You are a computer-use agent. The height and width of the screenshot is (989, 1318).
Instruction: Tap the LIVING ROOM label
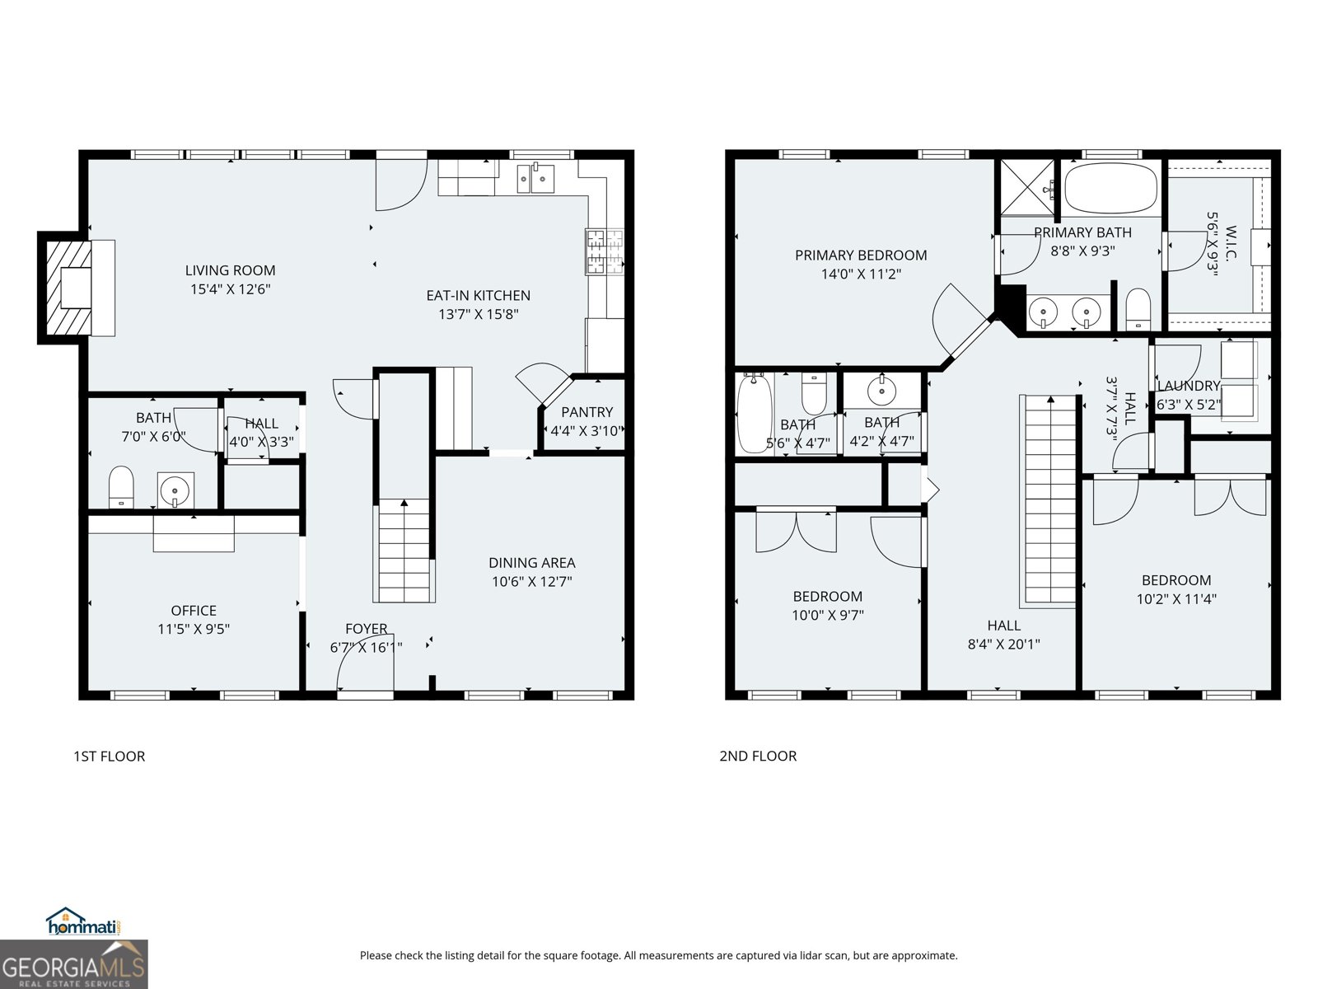pos(230,270)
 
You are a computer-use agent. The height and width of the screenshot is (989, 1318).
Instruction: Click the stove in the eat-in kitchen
pos(604,251)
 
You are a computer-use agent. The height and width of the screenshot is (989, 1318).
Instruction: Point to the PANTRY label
pos(587,412)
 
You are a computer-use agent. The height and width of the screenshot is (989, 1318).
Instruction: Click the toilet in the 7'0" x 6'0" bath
pos(121,487)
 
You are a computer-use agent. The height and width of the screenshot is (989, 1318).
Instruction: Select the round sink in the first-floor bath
pos(175,490)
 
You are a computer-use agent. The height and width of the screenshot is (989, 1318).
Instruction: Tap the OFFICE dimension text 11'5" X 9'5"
pos(194,629)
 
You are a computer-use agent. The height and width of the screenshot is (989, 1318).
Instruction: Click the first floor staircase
pos(404,551)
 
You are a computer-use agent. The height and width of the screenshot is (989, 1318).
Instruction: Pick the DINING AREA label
pos(531,563)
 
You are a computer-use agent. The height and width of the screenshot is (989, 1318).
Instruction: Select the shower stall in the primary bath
pos(1027,188)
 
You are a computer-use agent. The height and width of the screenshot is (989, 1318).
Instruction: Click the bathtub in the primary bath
pos(1110,189)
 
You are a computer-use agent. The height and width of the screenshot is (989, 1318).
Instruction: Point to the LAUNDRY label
pos(1188,386)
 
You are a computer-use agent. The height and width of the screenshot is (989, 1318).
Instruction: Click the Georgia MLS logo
pos(74,964)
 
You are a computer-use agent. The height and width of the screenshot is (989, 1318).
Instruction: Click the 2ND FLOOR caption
pos(758,756)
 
